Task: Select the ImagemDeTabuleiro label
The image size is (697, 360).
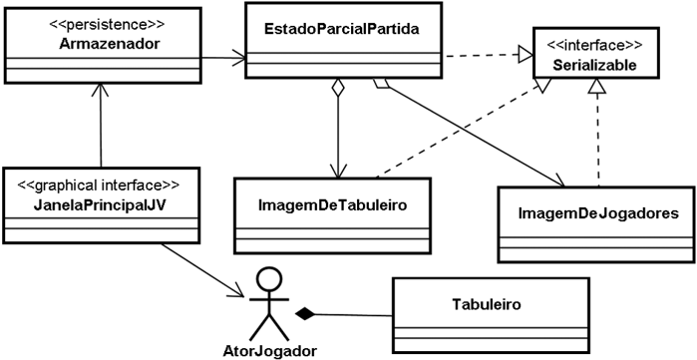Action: pyautogui.click(x=331, y=204)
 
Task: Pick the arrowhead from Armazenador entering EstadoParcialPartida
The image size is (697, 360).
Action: pyautogui.click(x=239, y=59)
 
